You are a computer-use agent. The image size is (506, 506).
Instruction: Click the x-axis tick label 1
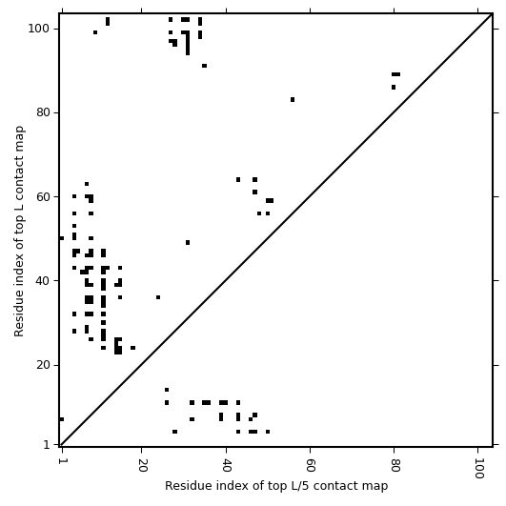point(61,461)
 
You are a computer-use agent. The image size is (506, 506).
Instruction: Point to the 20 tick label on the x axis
point(142,465)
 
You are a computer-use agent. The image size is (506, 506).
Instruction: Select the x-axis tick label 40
point(227,465)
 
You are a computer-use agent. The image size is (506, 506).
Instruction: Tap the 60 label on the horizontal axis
point(311,465)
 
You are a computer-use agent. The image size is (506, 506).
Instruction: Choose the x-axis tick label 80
point(395,465)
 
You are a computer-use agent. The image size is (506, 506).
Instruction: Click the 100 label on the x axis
point(478,468)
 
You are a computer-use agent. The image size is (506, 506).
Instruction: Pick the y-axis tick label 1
point(47,445)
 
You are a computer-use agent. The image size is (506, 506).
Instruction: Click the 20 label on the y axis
point(43,365)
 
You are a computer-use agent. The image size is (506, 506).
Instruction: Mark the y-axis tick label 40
point(43,281)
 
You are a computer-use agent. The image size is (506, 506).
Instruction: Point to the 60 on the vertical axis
point(43,196)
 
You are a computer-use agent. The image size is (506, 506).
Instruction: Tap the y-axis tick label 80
point(43,112)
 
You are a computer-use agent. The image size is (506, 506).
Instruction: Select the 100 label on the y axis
point(39,29)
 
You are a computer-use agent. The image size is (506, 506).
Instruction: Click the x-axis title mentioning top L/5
point(276,486)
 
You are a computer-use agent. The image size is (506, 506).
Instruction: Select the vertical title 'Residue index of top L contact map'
point(19,232)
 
